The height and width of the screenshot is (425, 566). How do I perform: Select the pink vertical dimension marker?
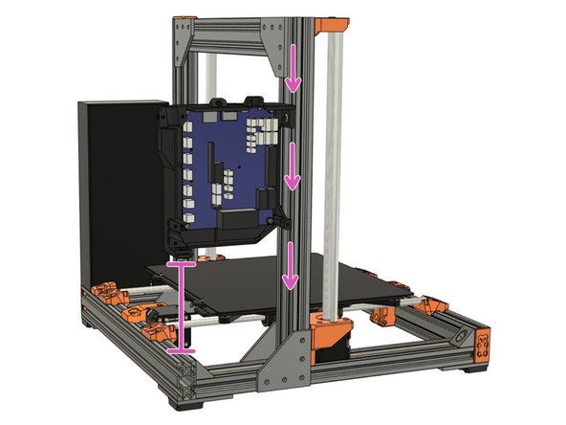181,305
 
